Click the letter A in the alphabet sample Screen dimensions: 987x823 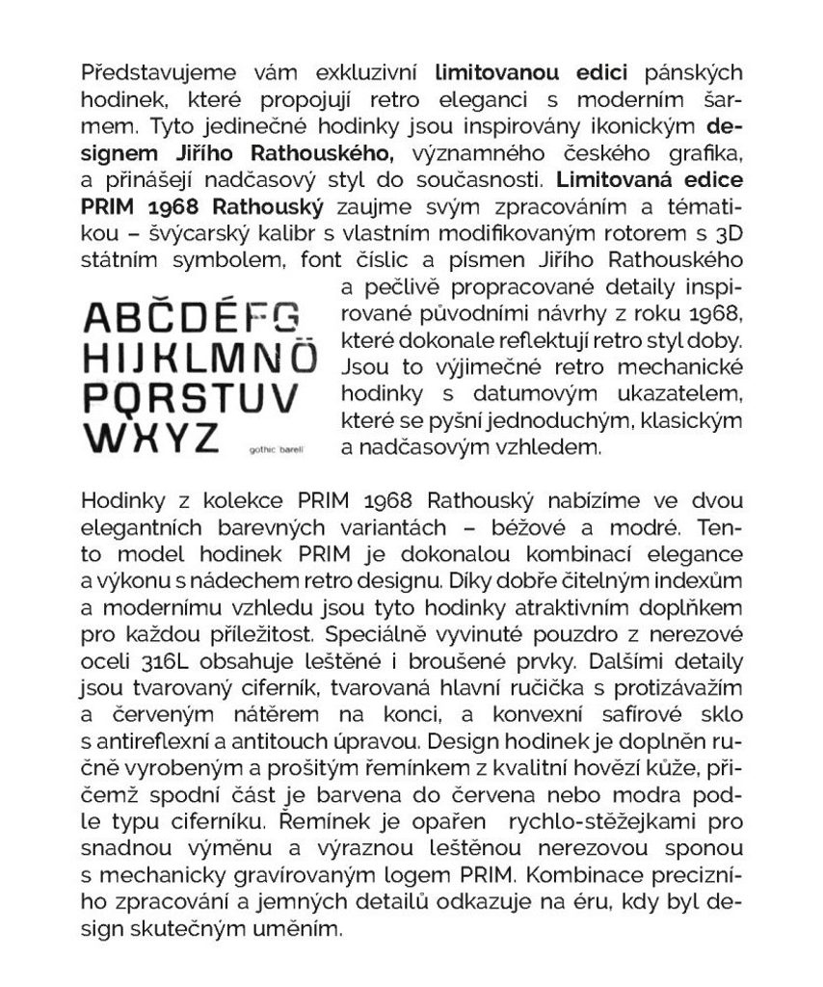(101, 317)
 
